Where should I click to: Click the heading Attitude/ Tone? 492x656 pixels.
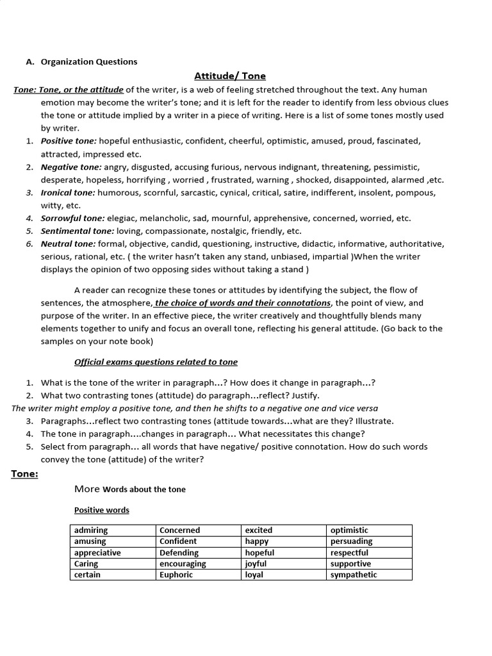tap(230, 76)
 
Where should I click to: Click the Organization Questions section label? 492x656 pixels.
tap(89, 61)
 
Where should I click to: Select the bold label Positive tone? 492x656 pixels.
tap(69, 141)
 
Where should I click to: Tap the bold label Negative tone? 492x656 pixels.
tap(70, 167)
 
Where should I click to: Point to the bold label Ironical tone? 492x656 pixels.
tap(68, 192)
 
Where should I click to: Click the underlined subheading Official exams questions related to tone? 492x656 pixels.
tap(156, 362)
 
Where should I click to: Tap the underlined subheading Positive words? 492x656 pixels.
tap(102, 510)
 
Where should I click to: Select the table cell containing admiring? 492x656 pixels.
tap(113, 530)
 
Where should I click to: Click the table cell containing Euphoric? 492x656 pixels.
tap(199, 575)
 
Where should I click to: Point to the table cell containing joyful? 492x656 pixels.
tap(284, 564)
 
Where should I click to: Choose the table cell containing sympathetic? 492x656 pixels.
tap(369, 575)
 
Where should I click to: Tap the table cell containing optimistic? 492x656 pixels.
tap(369, 530)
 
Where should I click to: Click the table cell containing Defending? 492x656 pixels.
tap(199, 552)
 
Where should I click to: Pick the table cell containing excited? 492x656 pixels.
tap(284, 530)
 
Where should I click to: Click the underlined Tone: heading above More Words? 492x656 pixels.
tap(25, 473)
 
